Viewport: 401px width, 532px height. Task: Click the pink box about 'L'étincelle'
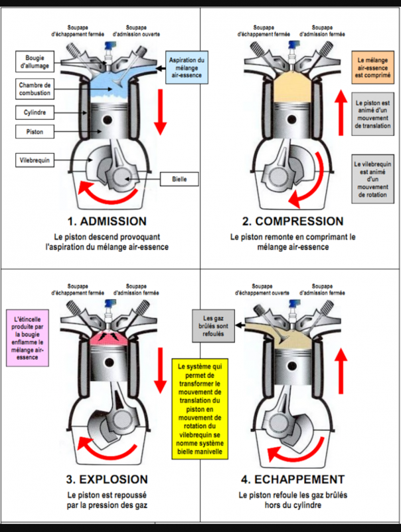(x=28, y=338)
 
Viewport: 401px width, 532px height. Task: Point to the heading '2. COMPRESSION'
(x=299, y=221)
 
